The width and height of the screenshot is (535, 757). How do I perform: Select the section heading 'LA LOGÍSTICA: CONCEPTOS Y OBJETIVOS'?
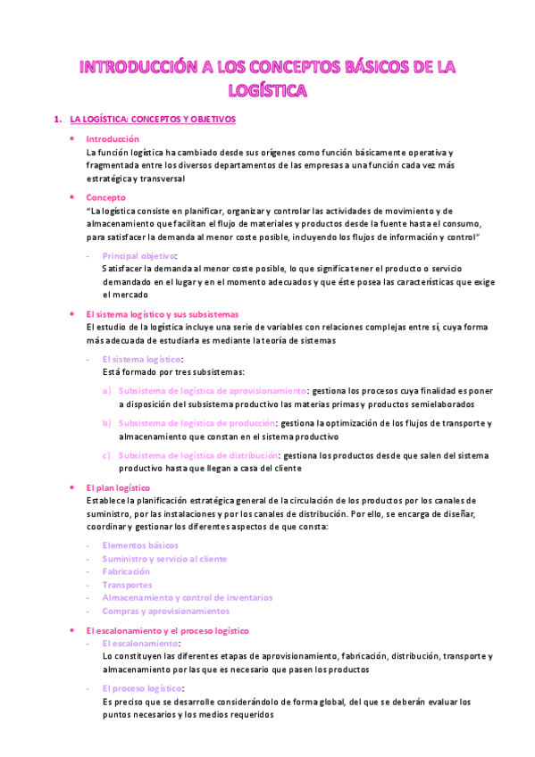tap(153, 119)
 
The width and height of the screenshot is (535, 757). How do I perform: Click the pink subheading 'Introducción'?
tap(113, 139)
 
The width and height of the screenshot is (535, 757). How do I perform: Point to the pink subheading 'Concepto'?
tap(105, 197)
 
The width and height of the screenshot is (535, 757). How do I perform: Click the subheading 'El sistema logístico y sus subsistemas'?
tap(163, 313)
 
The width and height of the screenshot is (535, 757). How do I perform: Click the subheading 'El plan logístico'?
tap(118, 488)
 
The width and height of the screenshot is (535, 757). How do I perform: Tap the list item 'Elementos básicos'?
tap(140, 545)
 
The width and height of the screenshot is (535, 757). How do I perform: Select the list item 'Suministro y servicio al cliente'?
tap(164, 559)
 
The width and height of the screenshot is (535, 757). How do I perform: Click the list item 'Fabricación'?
tap(126, 571)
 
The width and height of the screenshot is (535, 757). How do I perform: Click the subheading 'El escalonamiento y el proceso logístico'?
tap(167, 630)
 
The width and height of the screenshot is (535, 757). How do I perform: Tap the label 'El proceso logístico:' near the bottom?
tap(144, 688)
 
